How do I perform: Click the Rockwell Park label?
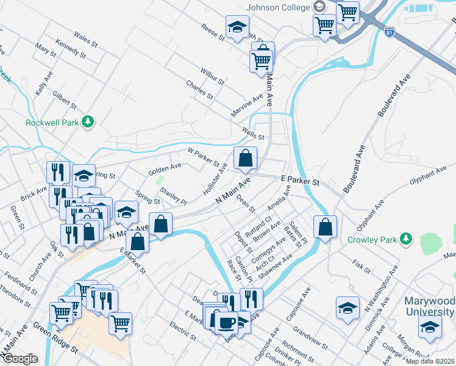[52, 122]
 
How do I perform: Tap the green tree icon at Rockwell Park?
[89, 122]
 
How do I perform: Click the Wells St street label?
[252, 133]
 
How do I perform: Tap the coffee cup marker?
[227, 321]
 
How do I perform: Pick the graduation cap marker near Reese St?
[237, 27]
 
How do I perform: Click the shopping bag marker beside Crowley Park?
[325, 226]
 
